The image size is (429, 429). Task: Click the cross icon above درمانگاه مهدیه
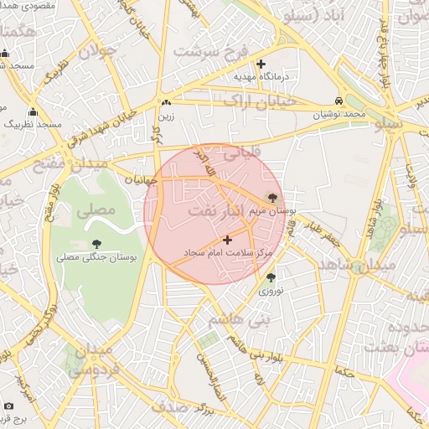point(261,64)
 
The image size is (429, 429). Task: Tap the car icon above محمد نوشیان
point(339,100)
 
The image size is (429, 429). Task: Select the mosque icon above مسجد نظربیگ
point(33,111)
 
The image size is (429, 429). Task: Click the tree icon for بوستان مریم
point(271,199)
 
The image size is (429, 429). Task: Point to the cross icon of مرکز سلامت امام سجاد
point(227,240)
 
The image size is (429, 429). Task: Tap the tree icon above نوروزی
point(270,277)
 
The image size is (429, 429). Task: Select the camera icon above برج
point(9,406)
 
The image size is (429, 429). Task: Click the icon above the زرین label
point(166,103)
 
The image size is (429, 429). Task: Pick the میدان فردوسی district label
point(90,358)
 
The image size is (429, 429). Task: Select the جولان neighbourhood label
point(95,51)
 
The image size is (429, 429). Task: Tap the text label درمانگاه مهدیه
point(261,77)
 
